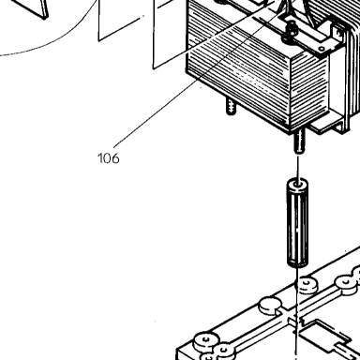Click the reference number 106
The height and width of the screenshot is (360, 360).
click(x=109, y=158)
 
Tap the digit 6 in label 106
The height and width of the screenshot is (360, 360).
click(x=115, y=158)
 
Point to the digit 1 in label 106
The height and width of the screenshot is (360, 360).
click(x=100, y=158)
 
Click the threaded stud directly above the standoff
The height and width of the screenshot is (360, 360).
click(x=299, y=142)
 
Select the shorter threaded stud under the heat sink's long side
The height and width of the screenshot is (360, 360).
click(x=231, y=107)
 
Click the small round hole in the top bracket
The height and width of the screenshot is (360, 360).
click(x=322, y=49)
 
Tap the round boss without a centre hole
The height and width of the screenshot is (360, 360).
click(x=270, y=306)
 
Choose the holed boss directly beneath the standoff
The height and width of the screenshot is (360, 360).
click(x=307, y=285)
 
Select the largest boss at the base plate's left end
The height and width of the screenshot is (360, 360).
click(x=205, y=341)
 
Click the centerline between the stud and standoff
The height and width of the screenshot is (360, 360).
click(x=298, y=168)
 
